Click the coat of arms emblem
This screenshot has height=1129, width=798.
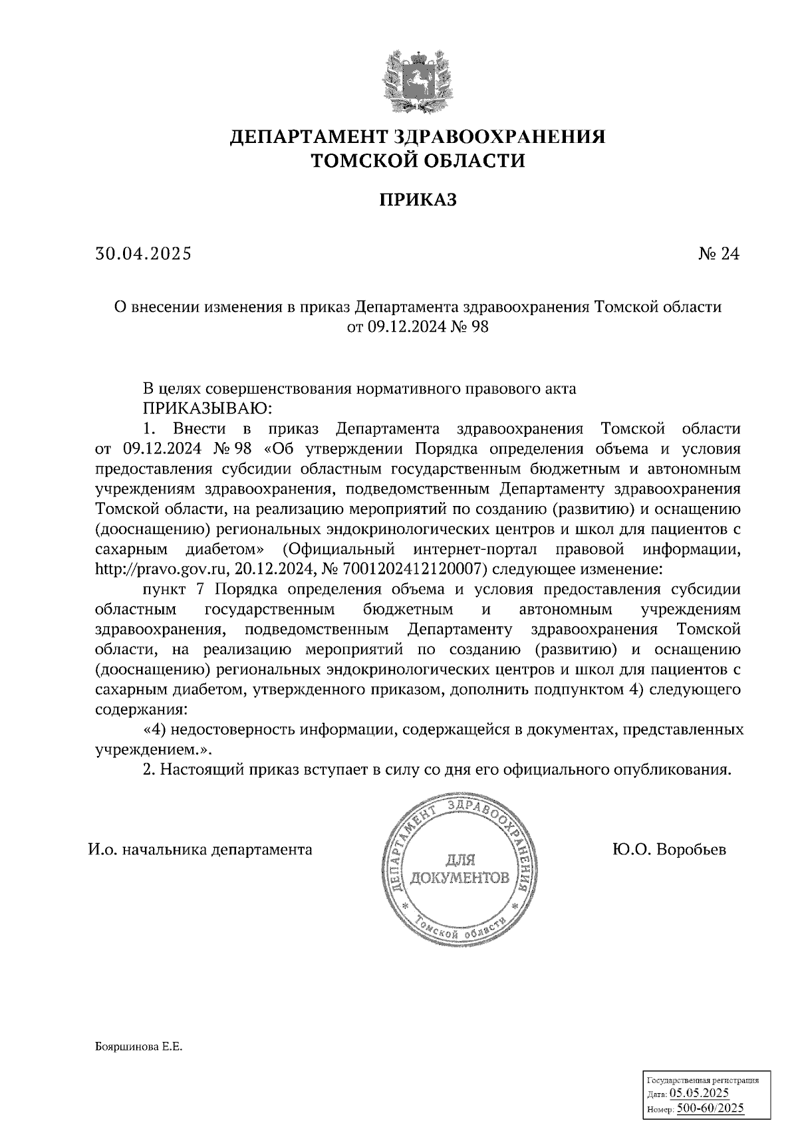pyautogui.click(x=418, y=81)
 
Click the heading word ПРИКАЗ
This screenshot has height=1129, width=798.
pyautogui.click(x=418, y=199)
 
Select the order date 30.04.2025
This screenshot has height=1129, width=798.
pyautogui.click(x=143, y=253)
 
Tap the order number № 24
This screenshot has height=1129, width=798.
pyautogui.click(x=718, y=253)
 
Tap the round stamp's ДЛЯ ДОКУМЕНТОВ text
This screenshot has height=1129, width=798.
pyautogui.click(x=460, y=868)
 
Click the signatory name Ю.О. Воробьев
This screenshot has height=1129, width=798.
pyautogui.click(x=670, y=850)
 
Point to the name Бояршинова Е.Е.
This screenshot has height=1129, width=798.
pyautogui.click(x=138, y=1047)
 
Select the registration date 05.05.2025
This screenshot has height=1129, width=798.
pyautogui.click(x=699, y=1093)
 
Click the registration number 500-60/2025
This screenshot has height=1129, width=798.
pyautogui.click(x=710, y=1108)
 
